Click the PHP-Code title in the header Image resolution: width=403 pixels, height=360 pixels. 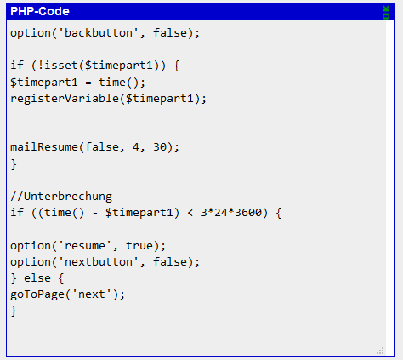[40, 11]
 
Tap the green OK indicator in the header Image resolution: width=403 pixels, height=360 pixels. [386, 12]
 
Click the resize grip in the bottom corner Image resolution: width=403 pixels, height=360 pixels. [380, 351]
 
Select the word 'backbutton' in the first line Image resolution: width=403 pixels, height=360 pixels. [99, 33]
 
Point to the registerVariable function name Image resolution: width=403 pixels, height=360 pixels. [65, 99]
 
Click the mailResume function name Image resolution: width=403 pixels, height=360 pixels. [44, 147]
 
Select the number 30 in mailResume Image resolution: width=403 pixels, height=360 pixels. [160, 147]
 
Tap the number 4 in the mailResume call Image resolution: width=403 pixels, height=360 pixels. [136, 147]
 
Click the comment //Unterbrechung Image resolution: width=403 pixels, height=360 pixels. [61, 197]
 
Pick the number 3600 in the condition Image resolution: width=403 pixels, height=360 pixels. [248, 213]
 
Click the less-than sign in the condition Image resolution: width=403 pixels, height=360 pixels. [190, 213]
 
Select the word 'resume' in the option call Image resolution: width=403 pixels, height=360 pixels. [85, 246]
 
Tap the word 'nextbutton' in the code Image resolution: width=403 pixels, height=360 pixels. [99, 262]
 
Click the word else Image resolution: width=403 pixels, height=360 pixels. [37, 278]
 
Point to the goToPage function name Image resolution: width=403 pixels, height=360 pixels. [37, 294]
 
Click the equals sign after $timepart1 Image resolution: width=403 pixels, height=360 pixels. [88, 83]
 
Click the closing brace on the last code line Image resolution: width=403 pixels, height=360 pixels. [14, 311]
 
